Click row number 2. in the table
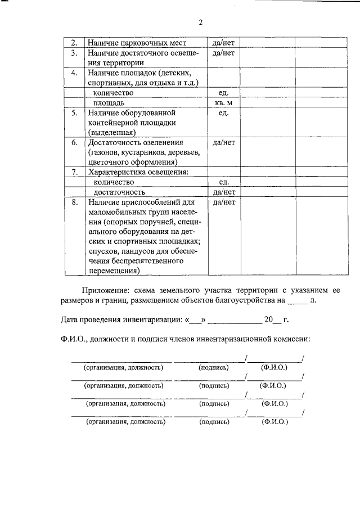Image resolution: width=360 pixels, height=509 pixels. (73, 42)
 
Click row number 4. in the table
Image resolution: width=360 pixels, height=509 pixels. (73, 73)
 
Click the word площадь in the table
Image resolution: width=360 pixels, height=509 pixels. (109, 103)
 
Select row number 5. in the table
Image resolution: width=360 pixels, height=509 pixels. (73, 113)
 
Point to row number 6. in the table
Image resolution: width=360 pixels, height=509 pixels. (74, 143)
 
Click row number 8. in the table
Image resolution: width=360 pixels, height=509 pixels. (74, 202)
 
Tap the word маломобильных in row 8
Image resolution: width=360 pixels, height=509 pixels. (114, 212)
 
